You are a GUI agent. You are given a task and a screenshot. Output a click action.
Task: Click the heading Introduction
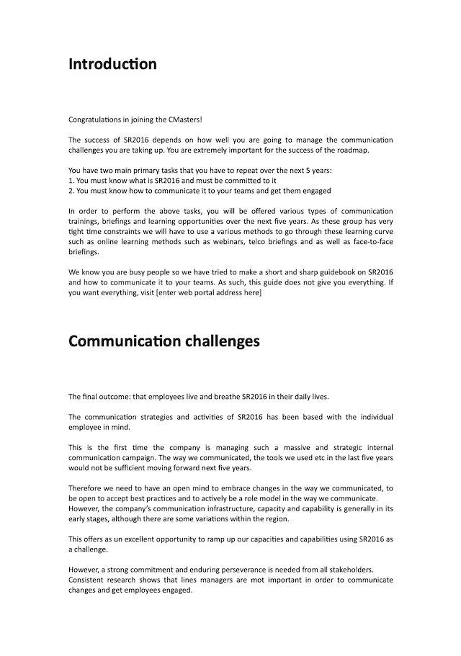point(112,64)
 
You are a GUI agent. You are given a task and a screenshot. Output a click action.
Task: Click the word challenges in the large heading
point(222,341)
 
